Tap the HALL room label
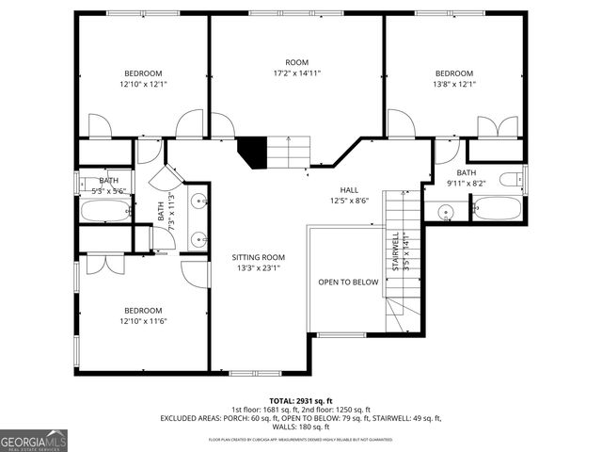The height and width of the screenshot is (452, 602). click(x=349, y=189)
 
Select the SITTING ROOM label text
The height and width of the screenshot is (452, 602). click(x=258, y=257)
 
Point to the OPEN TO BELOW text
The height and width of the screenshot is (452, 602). click(x=348, y=282)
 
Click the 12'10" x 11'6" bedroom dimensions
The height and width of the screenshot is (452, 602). click(x=143, y=321)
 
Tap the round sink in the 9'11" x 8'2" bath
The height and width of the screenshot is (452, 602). click(x=445, y=213)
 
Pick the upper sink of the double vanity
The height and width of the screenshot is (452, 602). click(x=199, y=201)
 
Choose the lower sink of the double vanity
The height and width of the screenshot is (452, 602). click(x=199, y=239)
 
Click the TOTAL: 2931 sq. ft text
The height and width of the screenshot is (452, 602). click(x=301, y=400)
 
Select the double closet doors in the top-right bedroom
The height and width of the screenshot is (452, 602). click(x=496, y=129)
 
